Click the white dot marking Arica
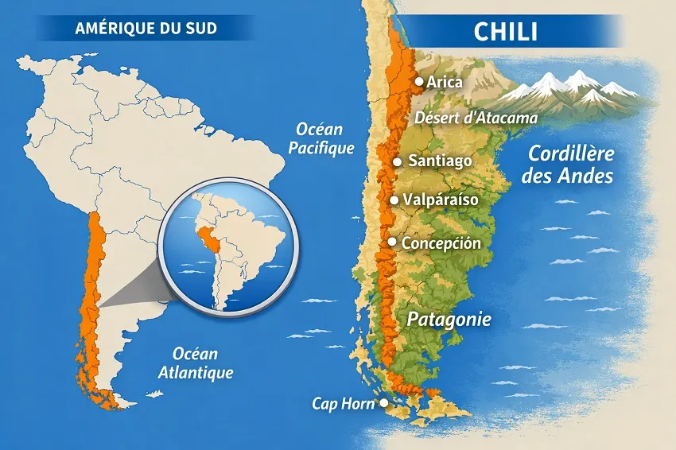(419, 81)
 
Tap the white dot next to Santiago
(397, 161)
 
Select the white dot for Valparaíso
(394, 200)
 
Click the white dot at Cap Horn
(383, 403)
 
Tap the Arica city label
(445, 81)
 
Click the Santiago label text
(440, 161)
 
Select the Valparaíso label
(441, 200)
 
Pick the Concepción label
(441, 242)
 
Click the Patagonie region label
(449, 320)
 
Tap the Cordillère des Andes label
(567, 165)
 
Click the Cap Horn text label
(344, 404)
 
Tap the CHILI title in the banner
(505, 32)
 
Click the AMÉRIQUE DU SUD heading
(146, 29)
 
